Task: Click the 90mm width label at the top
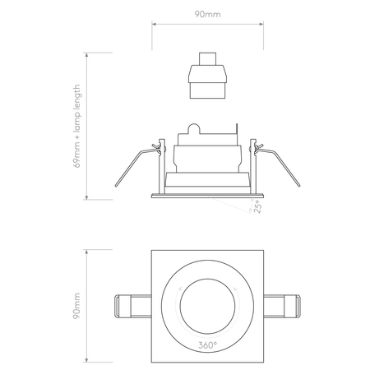pos(206,14)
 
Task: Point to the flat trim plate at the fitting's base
pos(206,196)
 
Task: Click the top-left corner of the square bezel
pos(152,248)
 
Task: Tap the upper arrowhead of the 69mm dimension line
pos(89,54)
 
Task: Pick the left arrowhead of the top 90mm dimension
pos(154,24)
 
